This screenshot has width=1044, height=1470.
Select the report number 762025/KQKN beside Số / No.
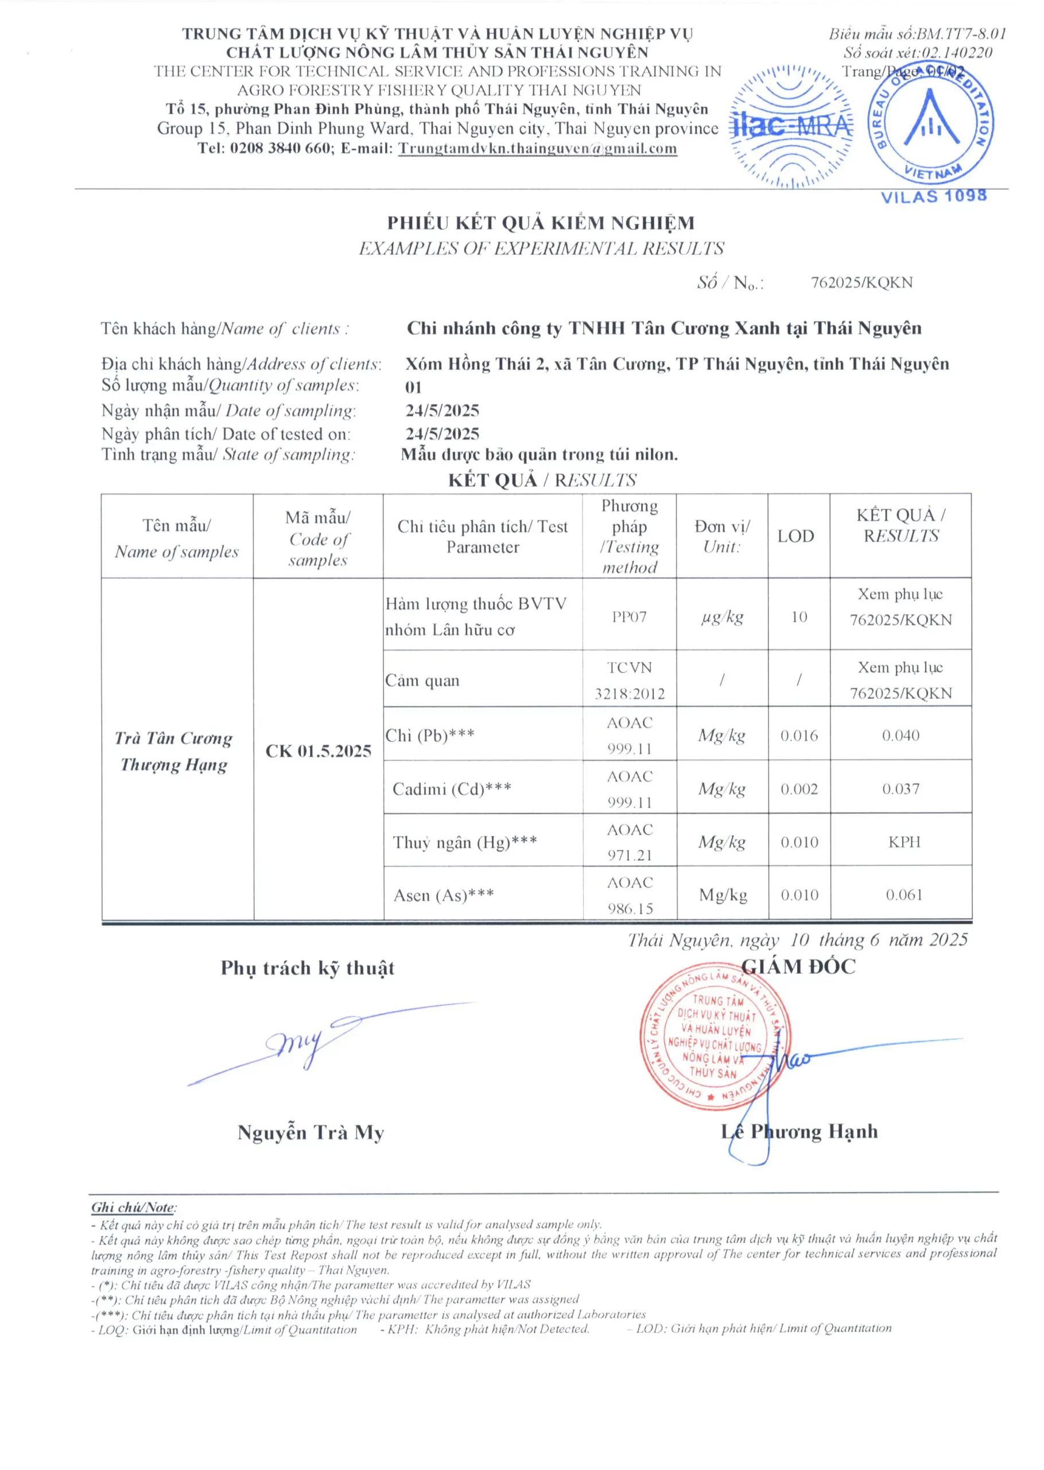coord(861,283)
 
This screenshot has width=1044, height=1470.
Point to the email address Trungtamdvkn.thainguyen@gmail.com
coord(537,148)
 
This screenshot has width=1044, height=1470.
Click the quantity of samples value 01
coord(413,387)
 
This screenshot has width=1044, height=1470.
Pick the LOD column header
coord(795,536)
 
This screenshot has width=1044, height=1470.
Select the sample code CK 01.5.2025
coord(318,751)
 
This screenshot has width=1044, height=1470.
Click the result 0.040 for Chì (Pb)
coord(900,735)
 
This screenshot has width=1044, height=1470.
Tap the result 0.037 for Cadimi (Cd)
coord(900,788)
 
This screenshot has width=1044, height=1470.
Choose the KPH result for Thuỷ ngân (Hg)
coord(904,842)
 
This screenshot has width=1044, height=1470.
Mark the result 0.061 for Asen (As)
coord(903,895)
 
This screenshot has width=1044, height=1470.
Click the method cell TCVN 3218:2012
coord(630,680)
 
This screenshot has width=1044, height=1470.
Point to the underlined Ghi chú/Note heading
coord(134,1207)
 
